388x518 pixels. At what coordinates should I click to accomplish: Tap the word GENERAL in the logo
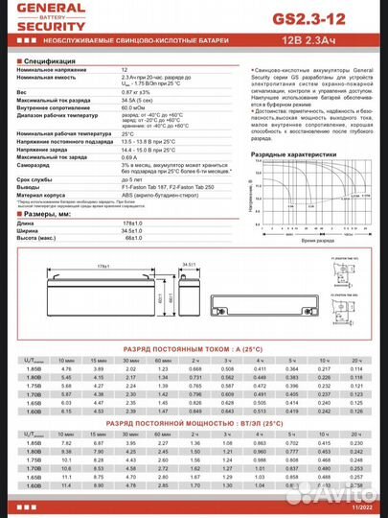[x=34, y=10]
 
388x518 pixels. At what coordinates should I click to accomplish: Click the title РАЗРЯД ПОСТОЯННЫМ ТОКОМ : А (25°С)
[x=194, y=348]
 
